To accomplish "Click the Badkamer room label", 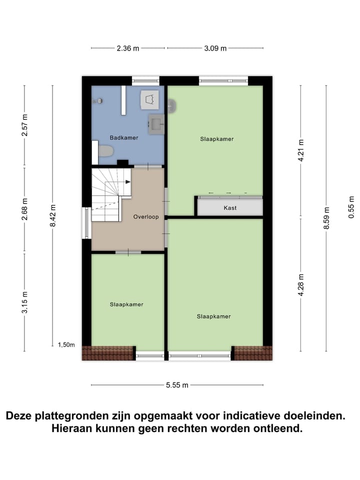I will [x=123, y=137].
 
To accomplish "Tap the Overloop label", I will [x=146, y=217].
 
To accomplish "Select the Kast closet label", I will [x=230, y=207].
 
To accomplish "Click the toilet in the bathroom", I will [x=106, y=150].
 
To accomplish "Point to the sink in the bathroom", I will [x=156, y=122].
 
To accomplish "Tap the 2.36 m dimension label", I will [x=128, y=48].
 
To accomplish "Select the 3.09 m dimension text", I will [x=215, y=48].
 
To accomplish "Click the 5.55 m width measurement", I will [x=177, y=385].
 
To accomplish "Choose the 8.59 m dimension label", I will [x=327, y=218].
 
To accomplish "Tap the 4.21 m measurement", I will [x=301, y=149].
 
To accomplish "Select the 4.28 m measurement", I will [x=301, y=285].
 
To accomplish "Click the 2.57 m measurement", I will [x=25, y=126].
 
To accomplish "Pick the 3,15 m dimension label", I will [x=25, y=301].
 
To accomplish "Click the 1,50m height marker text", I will [x=66, y=344].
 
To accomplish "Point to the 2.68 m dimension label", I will [x=25, y=210].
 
